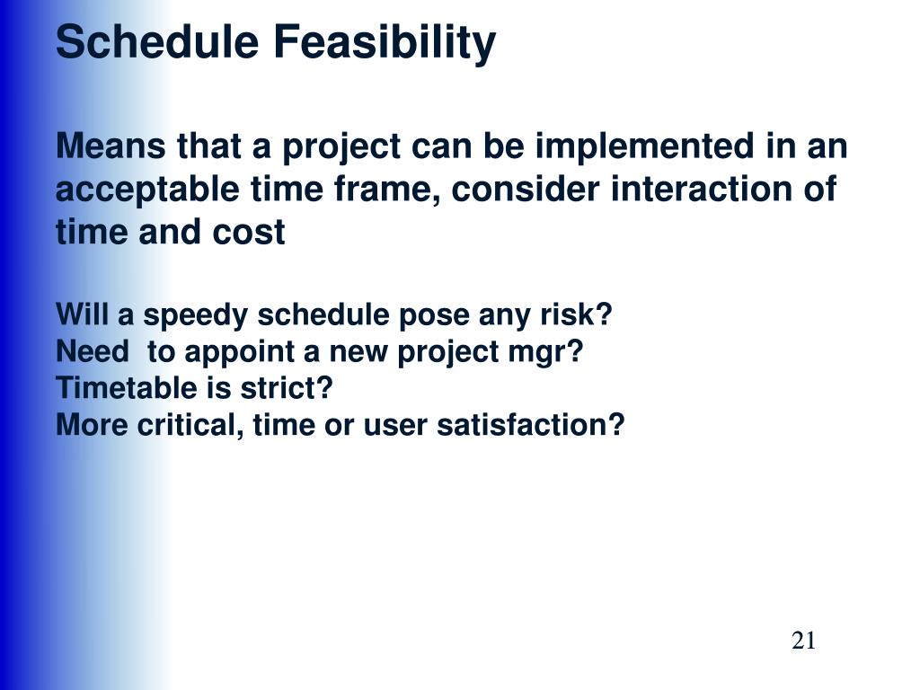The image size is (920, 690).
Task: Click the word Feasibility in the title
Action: click(x=385, y=43)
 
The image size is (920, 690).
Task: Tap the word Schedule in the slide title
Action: click(x=157, y=41)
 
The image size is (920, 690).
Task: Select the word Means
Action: click(x=111, y=146)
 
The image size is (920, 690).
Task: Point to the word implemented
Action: click(x=644, y=146)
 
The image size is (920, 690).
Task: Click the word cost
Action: click(x=249, y=233)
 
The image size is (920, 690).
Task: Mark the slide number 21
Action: click(x=803, y=640)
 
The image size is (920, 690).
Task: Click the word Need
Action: click(x=93, y=351)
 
